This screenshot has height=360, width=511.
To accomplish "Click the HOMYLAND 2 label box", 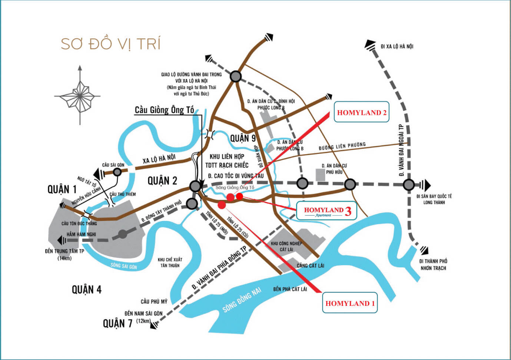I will (x=361, y=112).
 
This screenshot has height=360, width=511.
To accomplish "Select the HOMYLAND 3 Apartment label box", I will (x=326, y=211).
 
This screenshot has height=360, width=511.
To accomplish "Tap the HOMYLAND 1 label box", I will (x=349, y=303).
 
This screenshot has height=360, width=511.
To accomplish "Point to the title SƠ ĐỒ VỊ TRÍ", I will (x=110, y=44).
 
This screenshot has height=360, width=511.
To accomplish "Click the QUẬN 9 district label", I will (x=243, y=138).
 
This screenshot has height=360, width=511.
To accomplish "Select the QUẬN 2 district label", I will (x=162, y=181).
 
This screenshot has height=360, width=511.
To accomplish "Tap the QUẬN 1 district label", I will (x=62, y=189).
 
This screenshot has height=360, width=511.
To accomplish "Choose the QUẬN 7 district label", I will (x=117, y=323).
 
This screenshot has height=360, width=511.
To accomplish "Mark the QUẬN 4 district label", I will (x=86, y=289).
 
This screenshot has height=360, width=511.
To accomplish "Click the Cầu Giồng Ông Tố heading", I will (x=164, y=110).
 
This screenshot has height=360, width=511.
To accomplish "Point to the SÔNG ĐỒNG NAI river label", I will (x=242, y=300).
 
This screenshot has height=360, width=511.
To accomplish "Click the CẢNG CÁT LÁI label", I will (x=310, y=265).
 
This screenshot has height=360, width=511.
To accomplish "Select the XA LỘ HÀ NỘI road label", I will (x=159, y=159).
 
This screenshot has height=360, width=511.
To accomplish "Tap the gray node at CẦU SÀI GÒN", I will (x=117, y=172).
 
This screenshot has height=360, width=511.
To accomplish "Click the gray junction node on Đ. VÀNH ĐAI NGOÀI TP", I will (x=409, y=184).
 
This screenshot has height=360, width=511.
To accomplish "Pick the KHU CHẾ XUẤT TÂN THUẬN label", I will (x=170, y=262).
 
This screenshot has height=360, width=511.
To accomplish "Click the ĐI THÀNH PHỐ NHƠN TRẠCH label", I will (x=433, y=264).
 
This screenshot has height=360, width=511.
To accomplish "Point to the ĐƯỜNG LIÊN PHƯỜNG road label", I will (x=342, y=146).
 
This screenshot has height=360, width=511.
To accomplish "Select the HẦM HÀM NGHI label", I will (x=81, y=234).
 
